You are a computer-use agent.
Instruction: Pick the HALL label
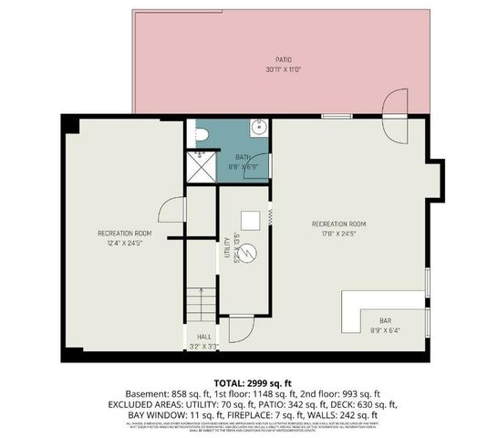pyautogui.click(x=204, y=335)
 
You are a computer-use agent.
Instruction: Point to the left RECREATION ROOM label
pyautogui.click(x=125, y=235)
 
